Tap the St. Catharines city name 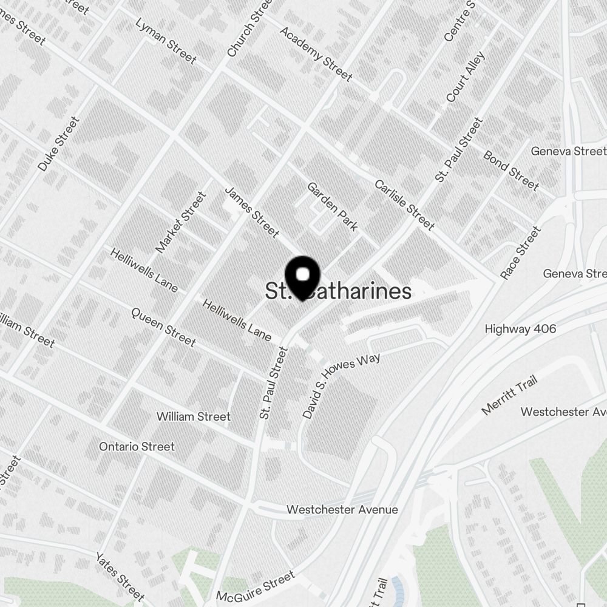338,291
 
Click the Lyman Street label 166,41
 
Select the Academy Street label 316,53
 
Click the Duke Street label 59,144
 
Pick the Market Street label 181,222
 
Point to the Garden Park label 332,206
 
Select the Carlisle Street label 404,205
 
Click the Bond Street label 510,170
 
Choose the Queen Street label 163,327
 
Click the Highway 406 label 520,329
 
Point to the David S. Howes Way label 341,386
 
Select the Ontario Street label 137,447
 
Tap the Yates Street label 120,576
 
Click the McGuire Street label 255,586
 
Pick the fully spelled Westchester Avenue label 342,509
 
